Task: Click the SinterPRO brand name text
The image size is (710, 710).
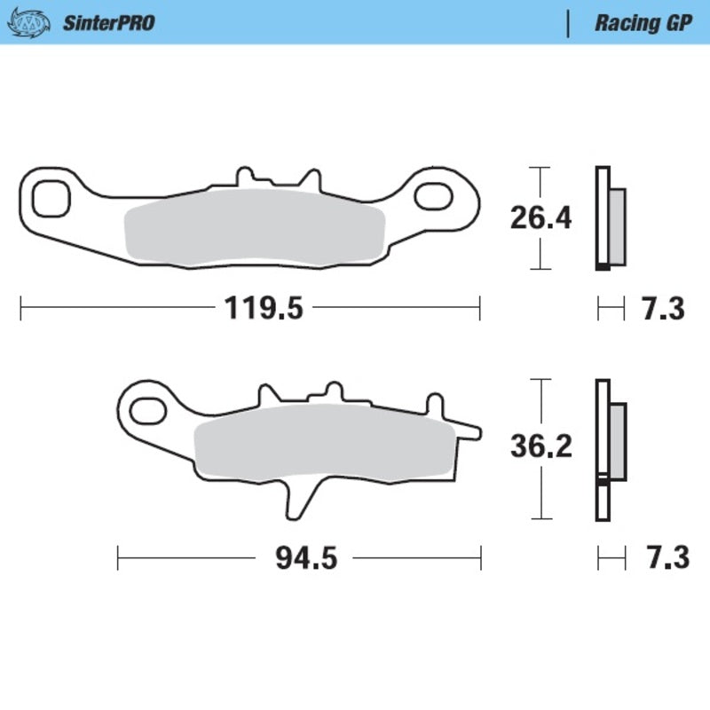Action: point(107,23)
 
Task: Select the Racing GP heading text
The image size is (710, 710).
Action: point(643,23)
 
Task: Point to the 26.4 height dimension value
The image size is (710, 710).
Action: point(540,217)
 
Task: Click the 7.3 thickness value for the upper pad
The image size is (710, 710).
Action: point(662,309)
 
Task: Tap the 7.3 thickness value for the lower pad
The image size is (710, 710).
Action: point(662,559)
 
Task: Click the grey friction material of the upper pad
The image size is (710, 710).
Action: point(255,229)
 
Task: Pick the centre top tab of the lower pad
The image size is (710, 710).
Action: point(332,391)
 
